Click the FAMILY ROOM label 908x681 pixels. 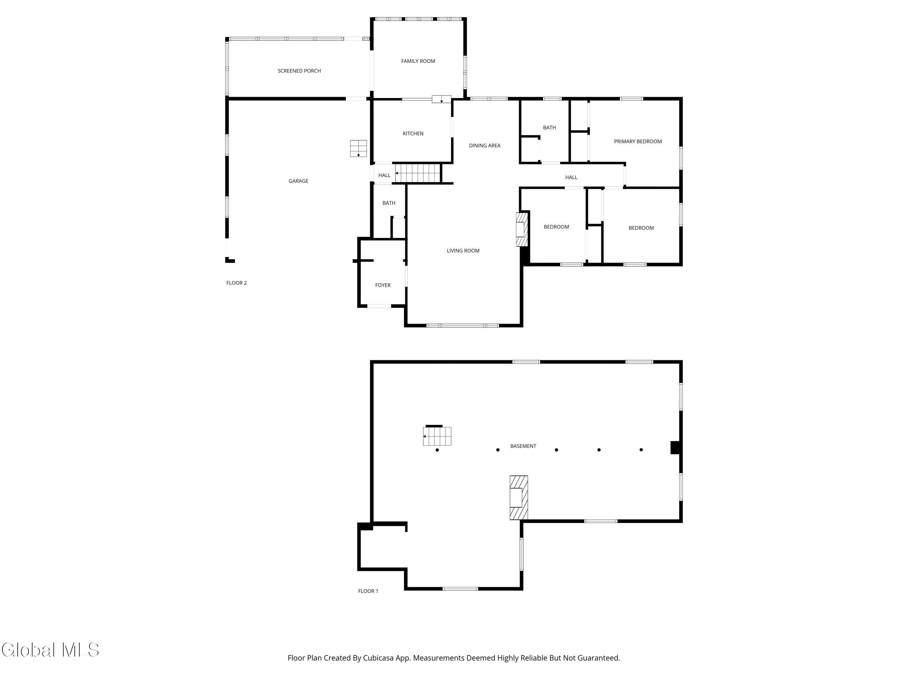point(418,61)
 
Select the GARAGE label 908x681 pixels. point(298,181)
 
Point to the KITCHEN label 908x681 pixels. point(413,133)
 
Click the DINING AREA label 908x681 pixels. point(485,145)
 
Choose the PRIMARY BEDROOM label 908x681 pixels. point(638,142)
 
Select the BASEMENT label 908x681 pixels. point(523,446)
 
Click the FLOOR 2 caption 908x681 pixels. point(236,283)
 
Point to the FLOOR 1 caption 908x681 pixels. point(368,591)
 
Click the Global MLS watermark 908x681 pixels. point(50,650)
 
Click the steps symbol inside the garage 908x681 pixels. point(358,148)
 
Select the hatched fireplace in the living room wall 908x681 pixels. point(522,229)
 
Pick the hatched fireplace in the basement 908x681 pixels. point(519,498)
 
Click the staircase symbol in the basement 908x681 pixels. point(437,436)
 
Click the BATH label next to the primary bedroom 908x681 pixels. point(549,128)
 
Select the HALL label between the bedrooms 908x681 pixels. point(571,177)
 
